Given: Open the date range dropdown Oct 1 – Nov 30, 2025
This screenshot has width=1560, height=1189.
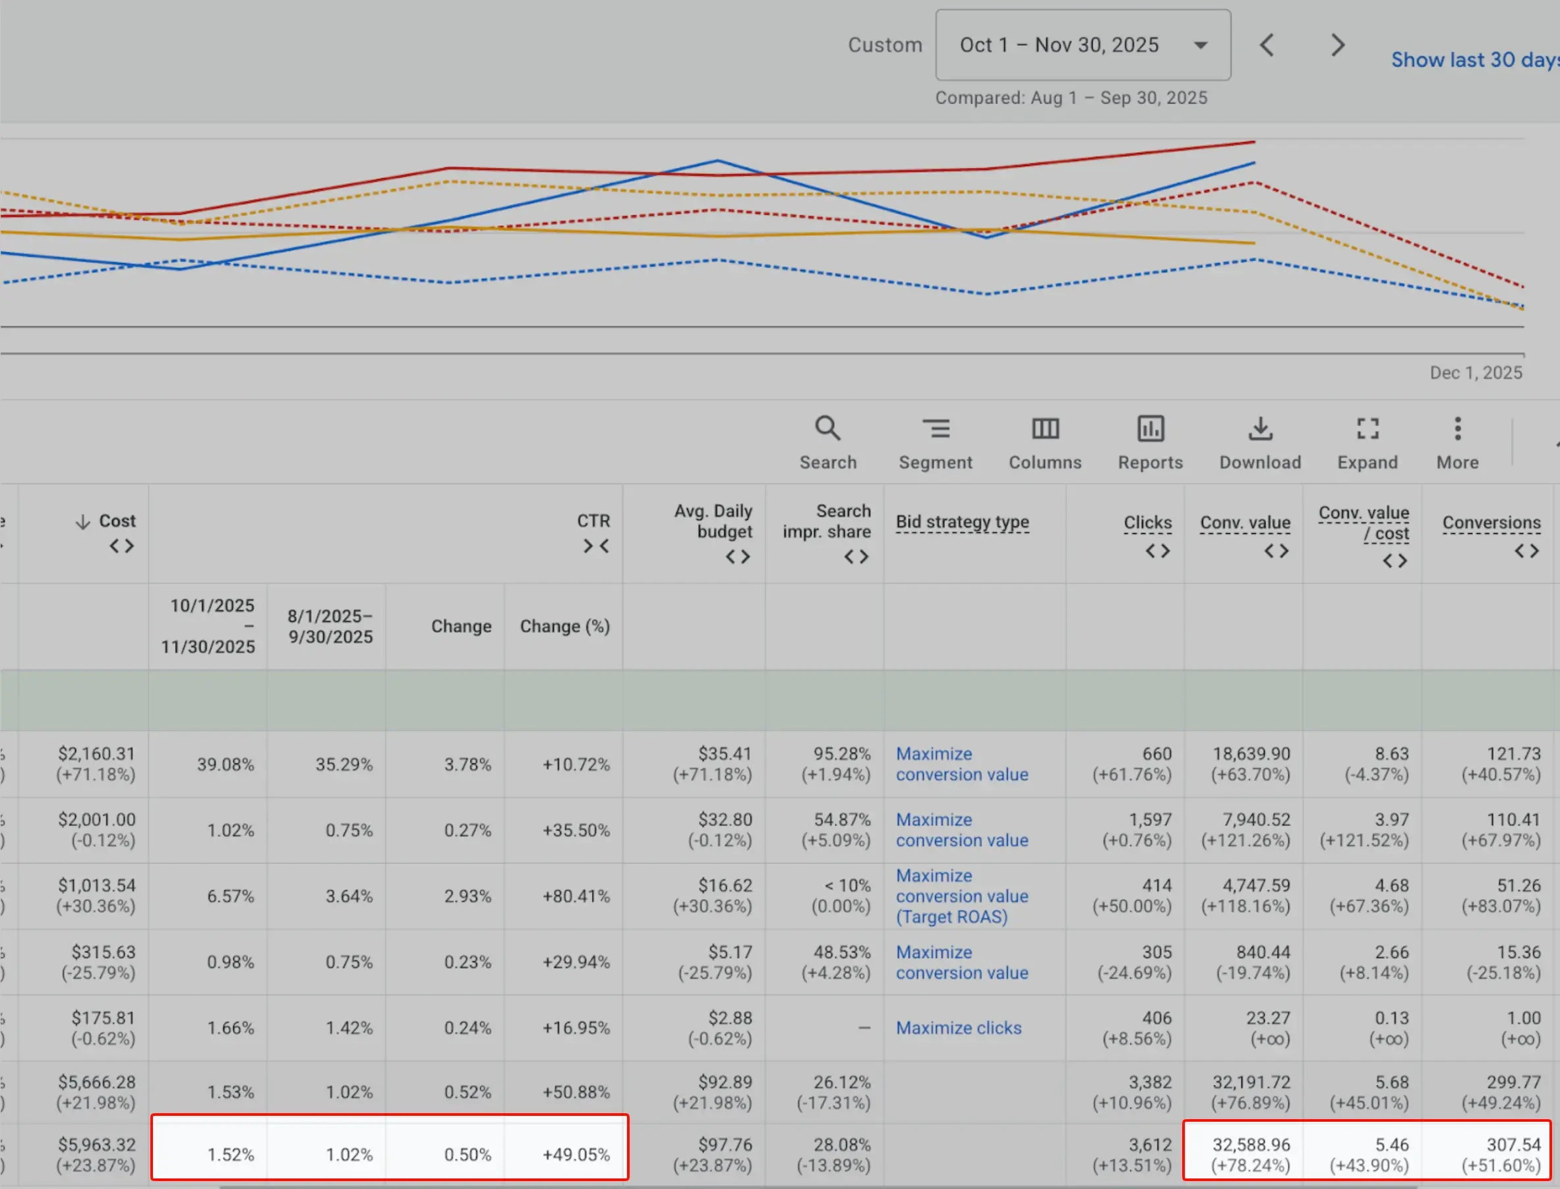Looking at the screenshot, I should click(1082, 45).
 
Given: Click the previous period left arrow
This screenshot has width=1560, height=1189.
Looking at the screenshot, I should click(1267, 45).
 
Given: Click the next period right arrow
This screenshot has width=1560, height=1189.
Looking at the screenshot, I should click(1337, 45).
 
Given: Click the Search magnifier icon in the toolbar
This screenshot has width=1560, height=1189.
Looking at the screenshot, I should click(827, 429).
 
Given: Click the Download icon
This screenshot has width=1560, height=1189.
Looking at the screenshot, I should click(1260, 429).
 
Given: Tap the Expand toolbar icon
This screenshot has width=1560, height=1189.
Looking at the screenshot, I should click(1367, 429).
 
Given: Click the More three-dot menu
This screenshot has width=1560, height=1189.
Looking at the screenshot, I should click(1457, 429).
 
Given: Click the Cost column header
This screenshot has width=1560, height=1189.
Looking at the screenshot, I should click(117, 521).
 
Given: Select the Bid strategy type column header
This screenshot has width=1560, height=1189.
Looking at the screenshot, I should click(962, 522).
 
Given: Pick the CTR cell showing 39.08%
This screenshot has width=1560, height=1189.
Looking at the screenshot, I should click(225, 765).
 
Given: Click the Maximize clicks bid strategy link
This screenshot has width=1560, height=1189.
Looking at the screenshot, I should click(959, 1028).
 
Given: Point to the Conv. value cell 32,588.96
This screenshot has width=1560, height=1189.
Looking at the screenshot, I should click(1251, 1145).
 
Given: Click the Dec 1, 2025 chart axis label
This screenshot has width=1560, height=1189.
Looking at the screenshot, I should click(1475, 373).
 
